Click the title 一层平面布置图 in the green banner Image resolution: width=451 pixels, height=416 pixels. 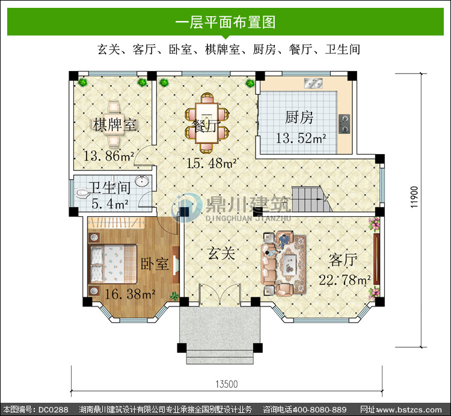coord(226,22)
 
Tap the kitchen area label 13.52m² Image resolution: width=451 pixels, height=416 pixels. coord(301,138)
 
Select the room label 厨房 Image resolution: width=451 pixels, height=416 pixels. coord(299,117)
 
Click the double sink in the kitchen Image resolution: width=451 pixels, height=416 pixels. coord(313,83)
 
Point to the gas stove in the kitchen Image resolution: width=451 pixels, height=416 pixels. coord(345,124)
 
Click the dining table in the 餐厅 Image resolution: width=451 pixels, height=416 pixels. coord(206,123)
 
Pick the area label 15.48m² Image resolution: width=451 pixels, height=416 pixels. coord(212,163)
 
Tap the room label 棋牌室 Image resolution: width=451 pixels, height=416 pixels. coord(115,125)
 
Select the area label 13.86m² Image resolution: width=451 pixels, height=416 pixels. coord(108,156)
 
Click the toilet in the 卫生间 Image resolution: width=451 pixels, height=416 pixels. coord(83,193)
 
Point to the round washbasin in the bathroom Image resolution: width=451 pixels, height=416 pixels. coord(142,181)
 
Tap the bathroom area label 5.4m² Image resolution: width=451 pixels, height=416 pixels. coord(110,204)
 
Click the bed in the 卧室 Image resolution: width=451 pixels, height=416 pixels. coord(113,264)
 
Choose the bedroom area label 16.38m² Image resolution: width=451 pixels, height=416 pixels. coord(130,294)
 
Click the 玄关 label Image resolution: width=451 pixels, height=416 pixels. coord(221,253)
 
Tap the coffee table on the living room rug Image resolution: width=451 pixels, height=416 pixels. coord(289,264)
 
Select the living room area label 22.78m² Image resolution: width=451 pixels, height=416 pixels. coord(345,280)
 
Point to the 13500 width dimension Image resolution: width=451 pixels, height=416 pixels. coord(227,384)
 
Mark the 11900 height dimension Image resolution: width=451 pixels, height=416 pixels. coord(414,197)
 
